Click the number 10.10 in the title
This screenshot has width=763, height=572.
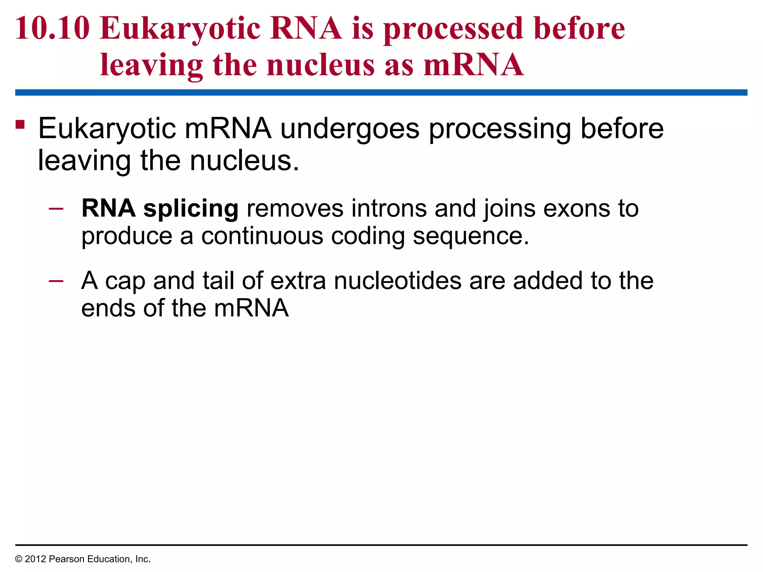pyautogui.click(x=53, y=28)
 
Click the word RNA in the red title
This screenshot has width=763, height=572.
pyautogui.click(x=305, y=28)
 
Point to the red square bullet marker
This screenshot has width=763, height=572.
pyautogui.click(x=20, y=124)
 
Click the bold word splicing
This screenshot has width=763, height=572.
pyautogui.click(x=191, y=209)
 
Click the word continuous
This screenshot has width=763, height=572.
pyautogui.click(x=262, y=236)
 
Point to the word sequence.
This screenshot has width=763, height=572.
pyautogui.click(x=471, y=237)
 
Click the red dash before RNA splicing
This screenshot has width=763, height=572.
pyautogui.click(x=56, y=209)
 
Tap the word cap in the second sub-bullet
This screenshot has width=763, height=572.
pyautogui.click(x=125, y=282)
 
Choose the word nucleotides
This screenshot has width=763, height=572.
pyautogui.click(x=398, y=281)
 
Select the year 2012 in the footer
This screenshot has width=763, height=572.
pyautogui.click(x=35, y=559)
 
